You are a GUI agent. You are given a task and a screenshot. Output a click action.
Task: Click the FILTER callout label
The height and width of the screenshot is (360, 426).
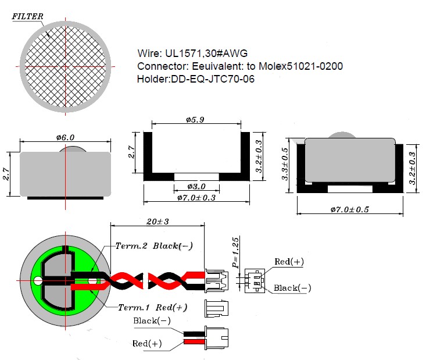pos(27,16)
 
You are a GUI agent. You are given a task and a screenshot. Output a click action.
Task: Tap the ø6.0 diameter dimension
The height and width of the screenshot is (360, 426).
pos(65,137)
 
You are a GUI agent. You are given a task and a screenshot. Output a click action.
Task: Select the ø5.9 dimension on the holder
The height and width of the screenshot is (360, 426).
pos(195,120)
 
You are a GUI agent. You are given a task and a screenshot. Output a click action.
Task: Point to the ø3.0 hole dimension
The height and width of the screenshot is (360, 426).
pos(196,187)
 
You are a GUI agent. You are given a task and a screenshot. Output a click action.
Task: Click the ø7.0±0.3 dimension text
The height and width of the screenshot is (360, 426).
pos(196,198)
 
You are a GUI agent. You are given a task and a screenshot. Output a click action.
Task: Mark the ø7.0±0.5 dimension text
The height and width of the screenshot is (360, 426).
pos(350,209)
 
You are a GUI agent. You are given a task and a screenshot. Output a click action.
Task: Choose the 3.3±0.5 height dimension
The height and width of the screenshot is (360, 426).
pos(284,164)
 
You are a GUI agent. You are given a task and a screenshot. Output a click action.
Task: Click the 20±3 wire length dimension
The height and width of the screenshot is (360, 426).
pos(157,222)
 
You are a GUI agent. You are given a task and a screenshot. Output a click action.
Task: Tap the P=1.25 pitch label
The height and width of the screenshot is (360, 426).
pos(235,252)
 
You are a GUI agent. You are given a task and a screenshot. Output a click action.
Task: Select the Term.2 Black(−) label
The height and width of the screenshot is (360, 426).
pos(154,246)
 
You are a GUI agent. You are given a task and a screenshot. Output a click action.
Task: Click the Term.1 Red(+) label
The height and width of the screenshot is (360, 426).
pos(153,307)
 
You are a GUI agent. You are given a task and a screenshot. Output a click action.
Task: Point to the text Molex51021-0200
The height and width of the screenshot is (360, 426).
pos(300,66)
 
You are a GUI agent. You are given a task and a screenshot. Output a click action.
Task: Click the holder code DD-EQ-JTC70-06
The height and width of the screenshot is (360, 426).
pos(213,79)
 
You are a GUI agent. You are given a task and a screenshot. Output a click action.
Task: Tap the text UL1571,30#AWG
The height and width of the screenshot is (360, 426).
pos(206,53)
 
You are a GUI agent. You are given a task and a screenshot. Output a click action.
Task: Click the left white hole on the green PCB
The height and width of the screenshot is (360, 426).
pos(38,280)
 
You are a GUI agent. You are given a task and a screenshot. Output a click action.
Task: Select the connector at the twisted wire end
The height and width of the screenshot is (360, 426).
pos(216,280)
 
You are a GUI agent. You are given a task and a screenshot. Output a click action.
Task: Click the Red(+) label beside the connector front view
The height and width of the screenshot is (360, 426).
pos(289,262)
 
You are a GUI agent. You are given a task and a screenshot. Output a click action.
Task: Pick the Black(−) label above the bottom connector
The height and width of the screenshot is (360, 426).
pos(152,321)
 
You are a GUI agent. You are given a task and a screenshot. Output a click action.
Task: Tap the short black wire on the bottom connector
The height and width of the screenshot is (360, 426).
pos(194,334)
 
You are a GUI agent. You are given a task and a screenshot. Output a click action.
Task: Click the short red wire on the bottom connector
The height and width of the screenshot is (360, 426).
pos(194,341)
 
